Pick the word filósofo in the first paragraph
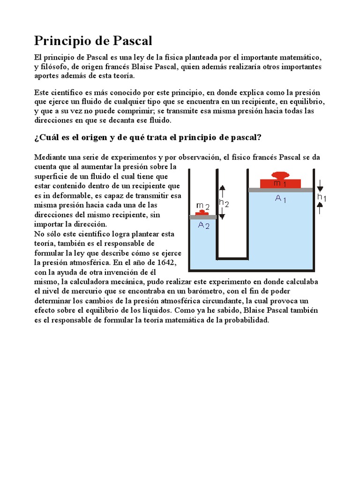(55, 67)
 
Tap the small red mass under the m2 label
(203, 213)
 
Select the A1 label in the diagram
(280, 199)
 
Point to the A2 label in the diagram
(203, 225)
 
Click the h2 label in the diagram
(224, 203)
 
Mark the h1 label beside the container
(322, 198)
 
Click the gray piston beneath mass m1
(281, 189)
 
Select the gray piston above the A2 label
(203, 217)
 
